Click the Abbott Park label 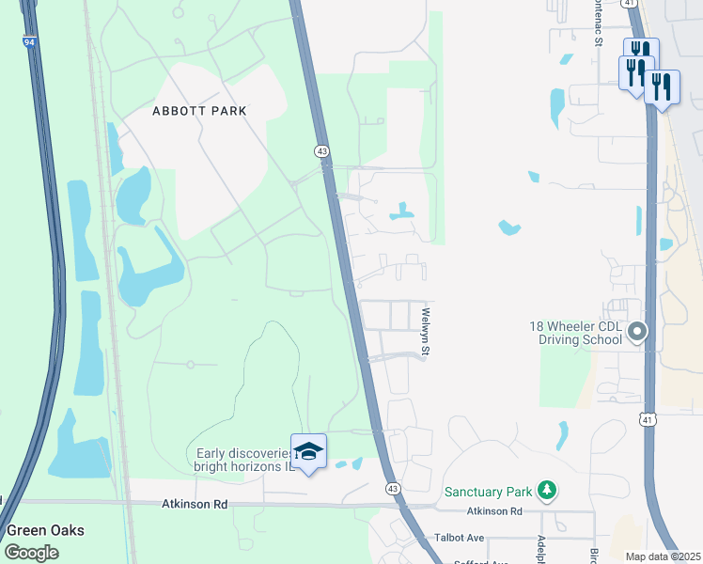pyautogui.click(x=199, y=111)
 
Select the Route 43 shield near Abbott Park pyautogui.click(x=321, y=150)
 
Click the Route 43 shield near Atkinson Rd pyautogui.click(x=392, y=488)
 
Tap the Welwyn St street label pyautogui.click(x=426, y=333)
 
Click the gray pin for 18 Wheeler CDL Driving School pyautogui.click(x=638, y=331)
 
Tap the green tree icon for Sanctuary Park pyautogui.click(x=545, y=491)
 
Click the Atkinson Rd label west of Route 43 pyautogui.click(x=195, y=504)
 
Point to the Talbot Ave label pyautogui.click(x=459, y=538)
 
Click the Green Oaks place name pyautogui.click(x=45, y=530)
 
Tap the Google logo pyautogui.click(x=32, y=552)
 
